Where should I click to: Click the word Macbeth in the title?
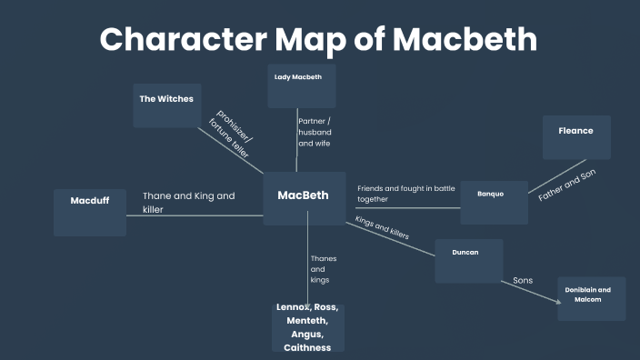coord(464,39)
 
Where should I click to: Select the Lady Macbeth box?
coord(301,86)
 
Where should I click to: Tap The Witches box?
coord(166,105)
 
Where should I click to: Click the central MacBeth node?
coord(304,197)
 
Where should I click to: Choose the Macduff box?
coord(90,212)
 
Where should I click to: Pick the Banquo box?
coord(493,202)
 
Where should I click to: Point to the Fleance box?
coord(575,137)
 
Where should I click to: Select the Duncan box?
coord(467,261)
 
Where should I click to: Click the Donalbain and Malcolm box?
coord(591,298)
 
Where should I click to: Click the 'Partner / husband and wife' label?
coord(315,132)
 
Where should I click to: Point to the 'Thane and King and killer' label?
coord(188,202)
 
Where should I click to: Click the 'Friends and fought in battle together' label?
coord(405,193)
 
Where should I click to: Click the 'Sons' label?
coord(523,280)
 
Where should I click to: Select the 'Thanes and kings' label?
coord(323,269)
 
